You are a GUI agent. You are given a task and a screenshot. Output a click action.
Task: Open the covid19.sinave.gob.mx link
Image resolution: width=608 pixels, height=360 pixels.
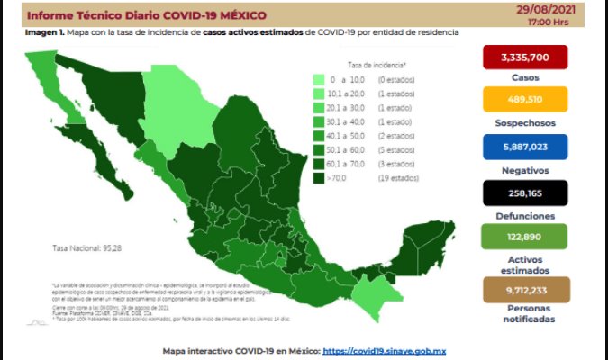point(386,351)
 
